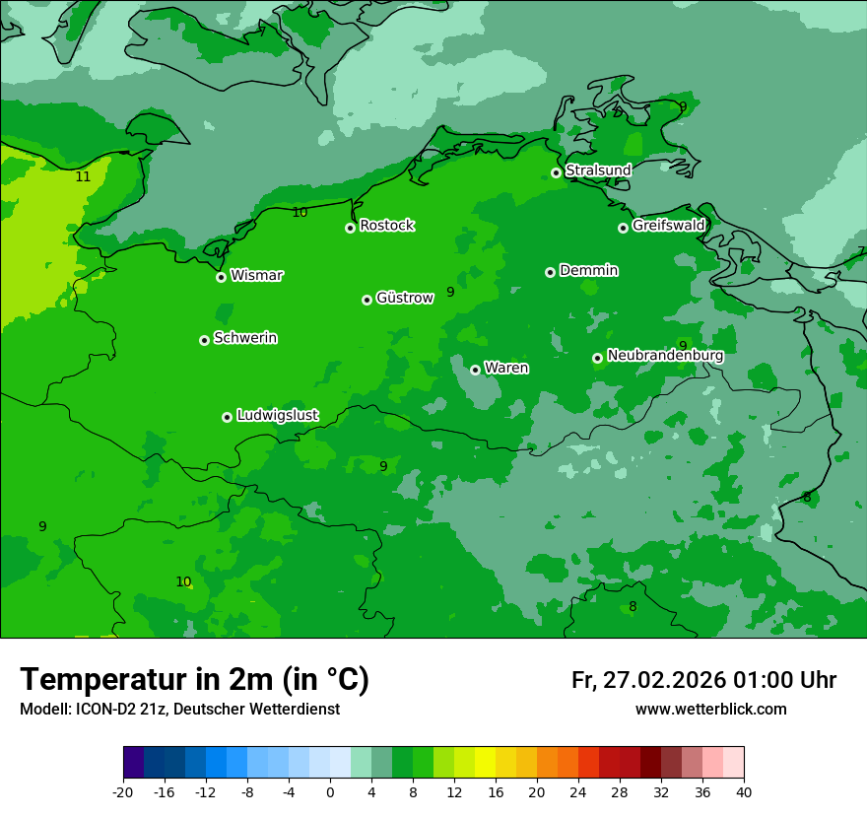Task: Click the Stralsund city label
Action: click(x=598, y=170)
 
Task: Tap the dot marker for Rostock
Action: click(x=350, y=228)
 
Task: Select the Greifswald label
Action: click(x=668, y=226)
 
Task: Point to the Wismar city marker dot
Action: click(x=222, y=277)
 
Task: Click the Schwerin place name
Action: click(x=244, y=338)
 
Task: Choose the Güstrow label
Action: click(x=404, y=298)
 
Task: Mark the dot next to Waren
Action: click(x=475, y=370)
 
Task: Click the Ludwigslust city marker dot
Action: click(x=227, y=417)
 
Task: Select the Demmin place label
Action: click(x=588, y=270)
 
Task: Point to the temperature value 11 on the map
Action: click(x=83, y=177)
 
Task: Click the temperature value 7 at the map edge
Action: click(x=860, y=251)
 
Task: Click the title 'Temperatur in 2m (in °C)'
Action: click(x=194, y=680)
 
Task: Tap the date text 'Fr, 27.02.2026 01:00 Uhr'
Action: click(x=703, y=680)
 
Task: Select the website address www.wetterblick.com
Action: click(x=710, y=710)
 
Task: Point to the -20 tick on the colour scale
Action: click(x=123, y=791)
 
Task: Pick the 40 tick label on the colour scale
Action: click(x=743, y=791)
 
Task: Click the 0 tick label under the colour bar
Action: click(x=330, y=791)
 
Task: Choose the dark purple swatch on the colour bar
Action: click(x=134, y=763)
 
